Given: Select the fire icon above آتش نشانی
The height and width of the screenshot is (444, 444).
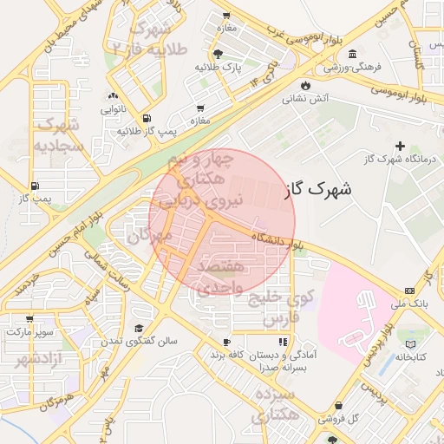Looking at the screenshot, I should tap(305, 84).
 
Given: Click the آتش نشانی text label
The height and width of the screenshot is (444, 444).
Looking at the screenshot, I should tap(305, 99).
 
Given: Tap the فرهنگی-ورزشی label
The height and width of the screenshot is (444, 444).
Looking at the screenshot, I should tap(349, 66).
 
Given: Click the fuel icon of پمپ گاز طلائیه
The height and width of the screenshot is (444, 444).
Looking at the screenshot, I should tap(146, 118).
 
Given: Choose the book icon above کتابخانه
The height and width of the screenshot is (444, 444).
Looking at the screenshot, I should tap(422, 344).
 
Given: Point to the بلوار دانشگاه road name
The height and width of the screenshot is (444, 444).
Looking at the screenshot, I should tap(277, 239).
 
